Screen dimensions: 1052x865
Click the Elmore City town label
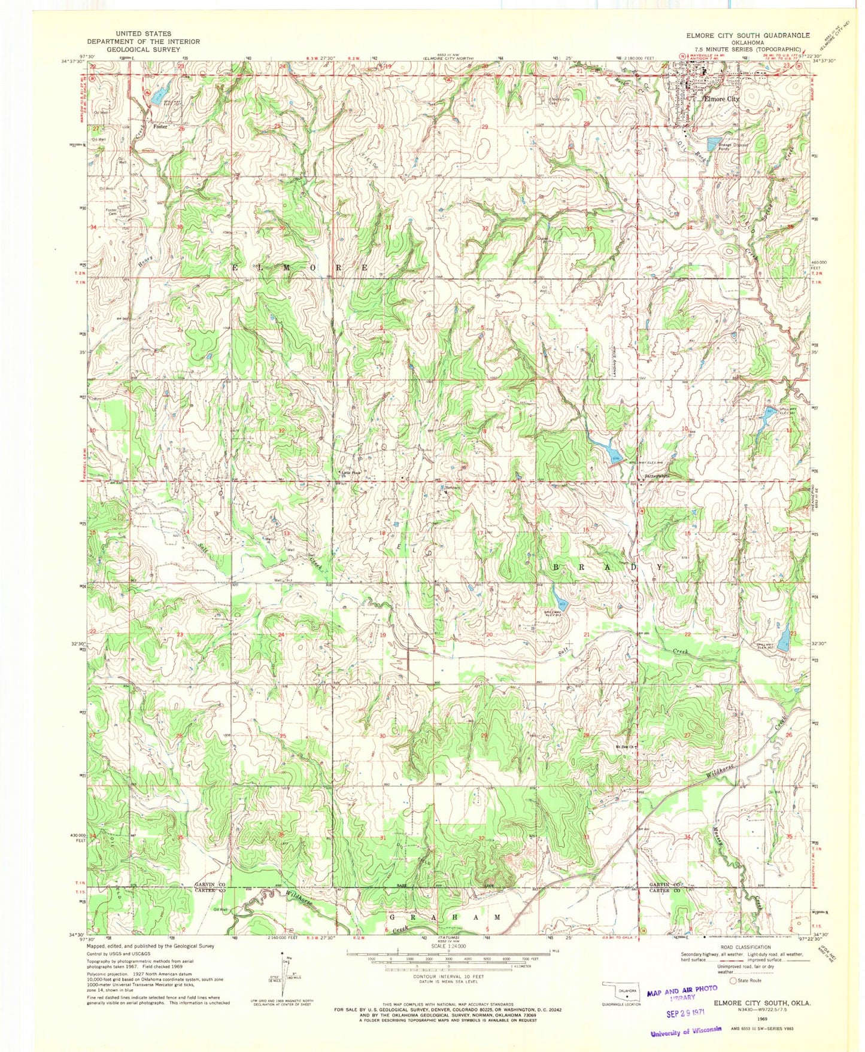tap(721, 99)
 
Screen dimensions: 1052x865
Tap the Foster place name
tap(160, 127)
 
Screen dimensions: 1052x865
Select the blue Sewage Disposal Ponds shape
tap(714, 144)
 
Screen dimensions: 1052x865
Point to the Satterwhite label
tap(656, 476)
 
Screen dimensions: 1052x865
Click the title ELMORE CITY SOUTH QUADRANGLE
tap(748, 35)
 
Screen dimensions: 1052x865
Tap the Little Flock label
tap(351, 473)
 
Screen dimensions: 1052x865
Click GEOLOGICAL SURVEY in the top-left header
tap(143, 50)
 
